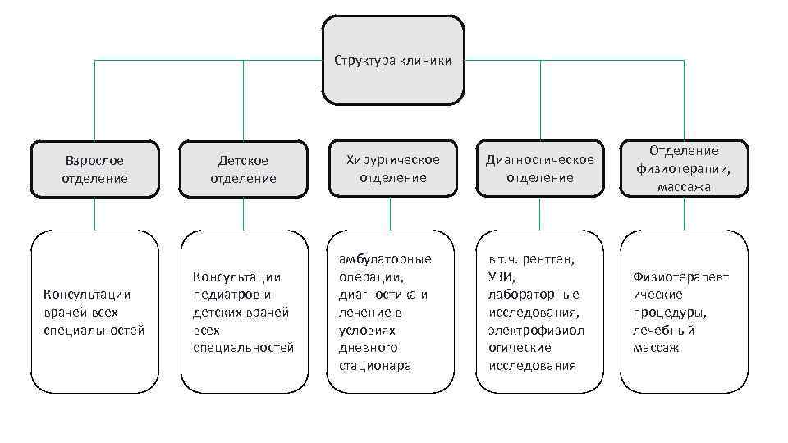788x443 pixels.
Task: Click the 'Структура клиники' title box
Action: pyautogui.click(x=392, y=60)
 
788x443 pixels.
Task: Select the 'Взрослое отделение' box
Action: pyautogui.click(x=94, y=169)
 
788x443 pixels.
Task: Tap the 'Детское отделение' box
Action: pyautogui.click(x=243, y=169)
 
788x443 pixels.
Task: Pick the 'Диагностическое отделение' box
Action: pyautogui.click(x=539, y=168)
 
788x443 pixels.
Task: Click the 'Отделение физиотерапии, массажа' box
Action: pyautogui.click(x=684, y=168)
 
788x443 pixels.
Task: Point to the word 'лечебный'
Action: pyautogui.click(x=663, y=330)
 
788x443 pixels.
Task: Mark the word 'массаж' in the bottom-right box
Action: pyautogui.click(x=656, y=348)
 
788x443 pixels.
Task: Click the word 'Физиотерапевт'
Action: pyautogui.click(x=680, y=276)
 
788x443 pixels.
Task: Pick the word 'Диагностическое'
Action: pyautogui.click(x=539, y=159)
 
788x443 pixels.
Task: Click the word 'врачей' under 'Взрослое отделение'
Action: pyautogui.click(x=63, y=313)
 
